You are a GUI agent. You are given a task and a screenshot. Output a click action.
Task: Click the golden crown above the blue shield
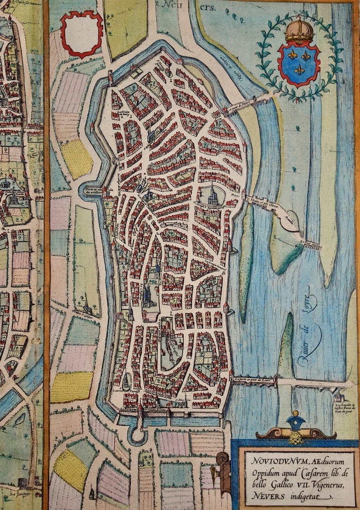(300, 31)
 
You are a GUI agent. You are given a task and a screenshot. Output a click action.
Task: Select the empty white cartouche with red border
(82, 34)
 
